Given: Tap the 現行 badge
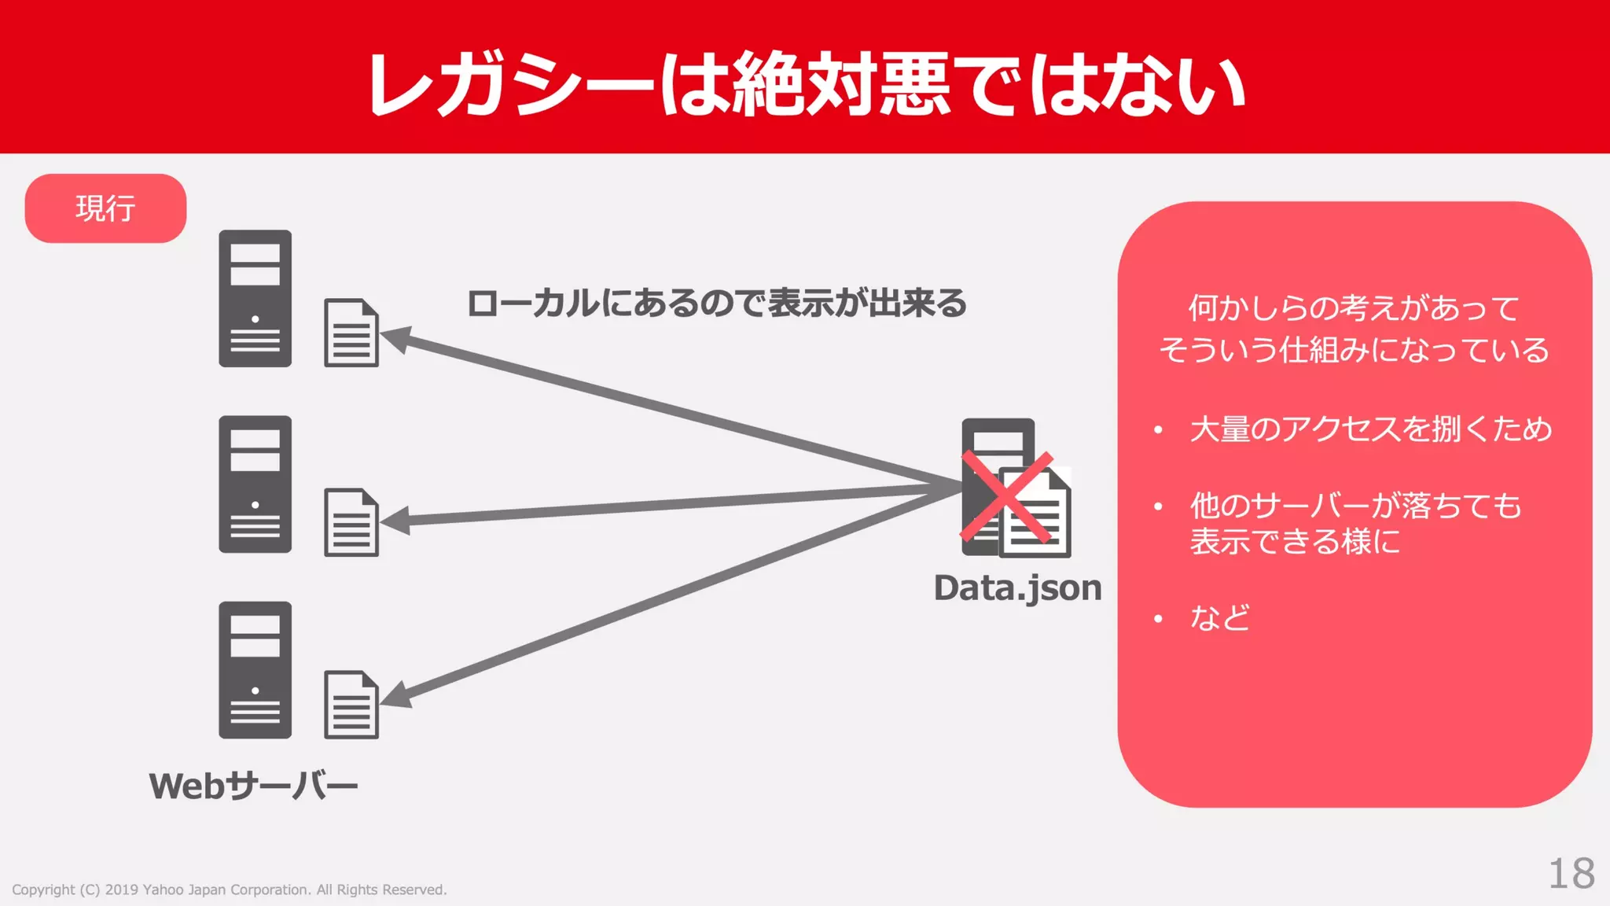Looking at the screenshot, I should tap(105, 208).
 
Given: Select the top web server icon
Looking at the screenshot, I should tap(255, 299).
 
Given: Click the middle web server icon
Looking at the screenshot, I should tap(255, 484).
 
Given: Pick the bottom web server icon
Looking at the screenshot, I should tap(255, 670).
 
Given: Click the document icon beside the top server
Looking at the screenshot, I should tap(351, 333).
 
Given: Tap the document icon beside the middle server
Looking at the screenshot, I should tap(351, 522).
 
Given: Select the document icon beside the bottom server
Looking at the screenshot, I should tap(351, 705).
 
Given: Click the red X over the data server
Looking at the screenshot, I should tap(1007, 497).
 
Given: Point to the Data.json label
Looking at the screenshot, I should tap(1017, 588).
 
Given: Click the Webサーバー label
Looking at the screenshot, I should tap(253, 786).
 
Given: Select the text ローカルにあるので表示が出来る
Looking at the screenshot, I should tap(716, 304).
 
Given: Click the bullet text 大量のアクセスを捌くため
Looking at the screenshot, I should tap(1370, 429).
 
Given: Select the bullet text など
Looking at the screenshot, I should tap(1219, 618).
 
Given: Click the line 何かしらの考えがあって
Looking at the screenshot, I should tap(1354, 308).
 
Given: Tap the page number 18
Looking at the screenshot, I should tap(1571, 874).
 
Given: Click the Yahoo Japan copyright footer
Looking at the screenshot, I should tap(229, 889).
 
